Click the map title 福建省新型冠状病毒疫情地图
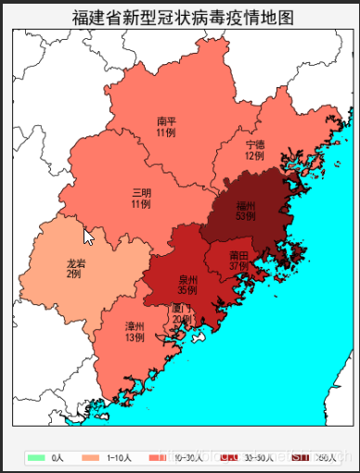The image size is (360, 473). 182,18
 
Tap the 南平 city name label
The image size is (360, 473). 166,121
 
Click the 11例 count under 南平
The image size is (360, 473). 166,134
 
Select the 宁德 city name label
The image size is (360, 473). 254,145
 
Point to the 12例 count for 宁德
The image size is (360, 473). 254,156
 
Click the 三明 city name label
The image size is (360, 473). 141,192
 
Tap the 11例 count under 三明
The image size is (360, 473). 141,204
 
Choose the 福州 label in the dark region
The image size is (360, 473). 245,205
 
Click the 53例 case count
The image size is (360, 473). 245,216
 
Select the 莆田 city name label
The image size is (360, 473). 238,255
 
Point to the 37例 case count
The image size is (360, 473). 238,266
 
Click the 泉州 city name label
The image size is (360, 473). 187,279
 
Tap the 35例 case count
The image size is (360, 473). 187,290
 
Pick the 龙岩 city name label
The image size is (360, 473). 75,263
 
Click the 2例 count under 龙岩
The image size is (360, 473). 73,275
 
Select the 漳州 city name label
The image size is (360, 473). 135,326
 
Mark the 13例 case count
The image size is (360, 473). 135,338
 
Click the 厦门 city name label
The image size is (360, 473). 182,308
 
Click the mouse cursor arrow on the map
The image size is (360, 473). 88,236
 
